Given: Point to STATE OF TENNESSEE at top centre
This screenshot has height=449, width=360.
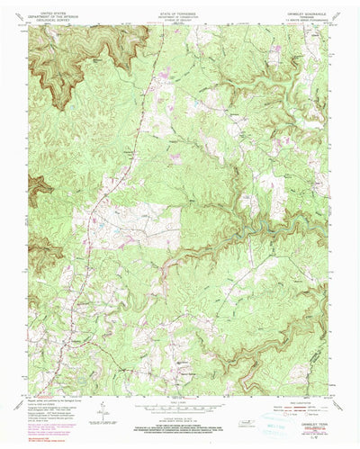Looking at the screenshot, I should pos(180,10).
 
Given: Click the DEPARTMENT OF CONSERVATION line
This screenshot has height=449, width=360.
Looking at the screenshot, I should pos(180,13).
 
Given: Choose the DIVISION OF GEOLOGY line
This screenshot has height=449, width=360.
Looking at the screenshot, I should pos(180,17).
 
